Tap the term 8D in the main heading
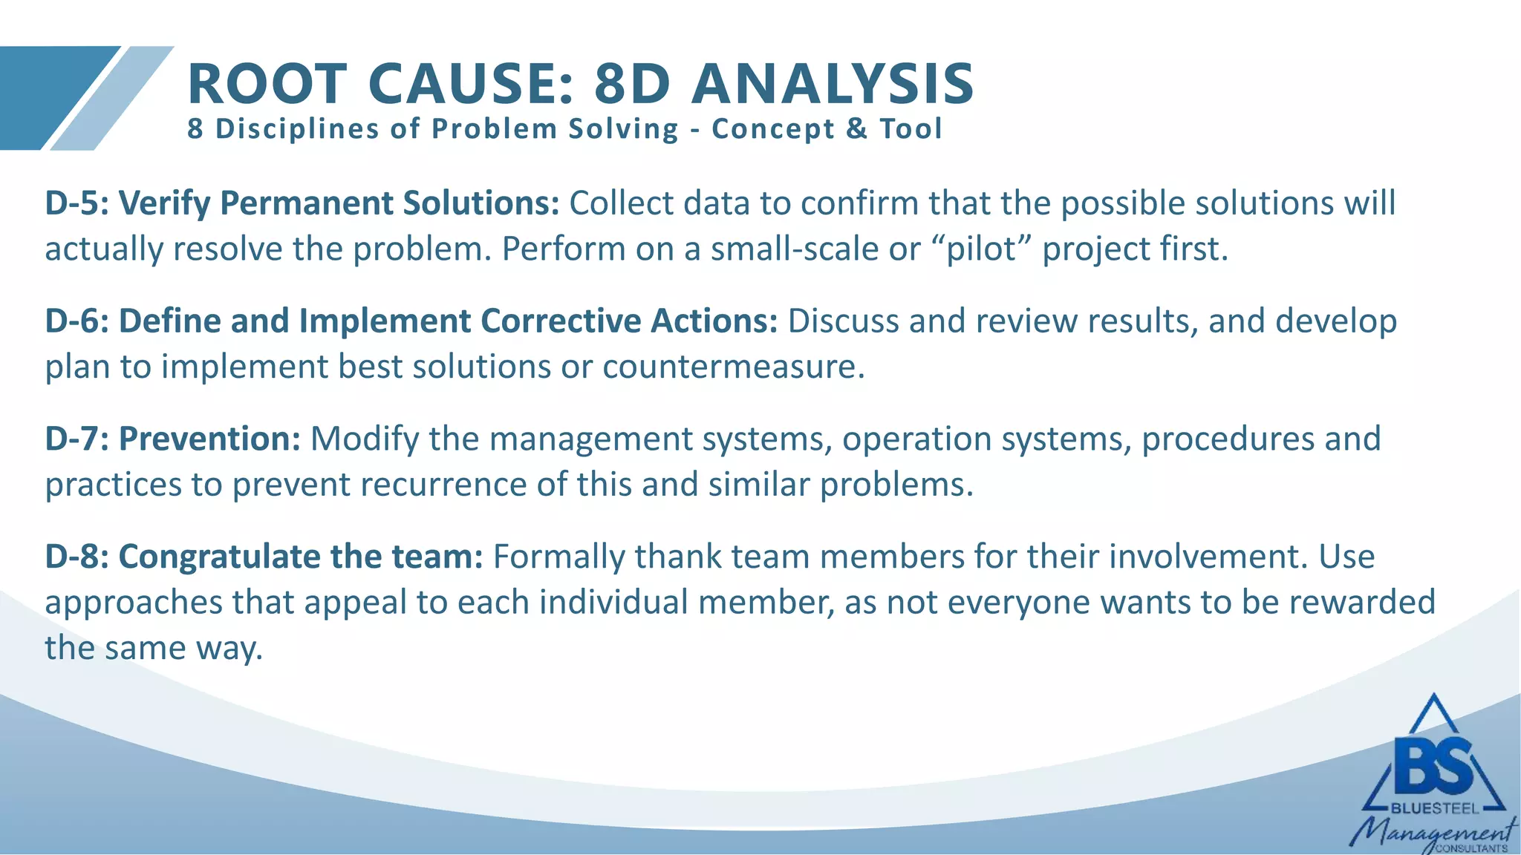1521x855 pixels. click(x=632, y=83)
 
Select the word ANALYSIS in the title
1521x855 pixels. click(x=833, y=83)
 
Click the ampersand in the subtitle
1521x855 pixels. click(x=856, y=129)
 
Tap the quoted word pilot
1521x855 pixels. click(x=983, y=249)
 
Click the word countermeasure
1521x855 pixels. click(x=733, y=367)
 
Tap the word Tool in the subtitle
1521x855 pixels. click(x=911, y=129)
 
